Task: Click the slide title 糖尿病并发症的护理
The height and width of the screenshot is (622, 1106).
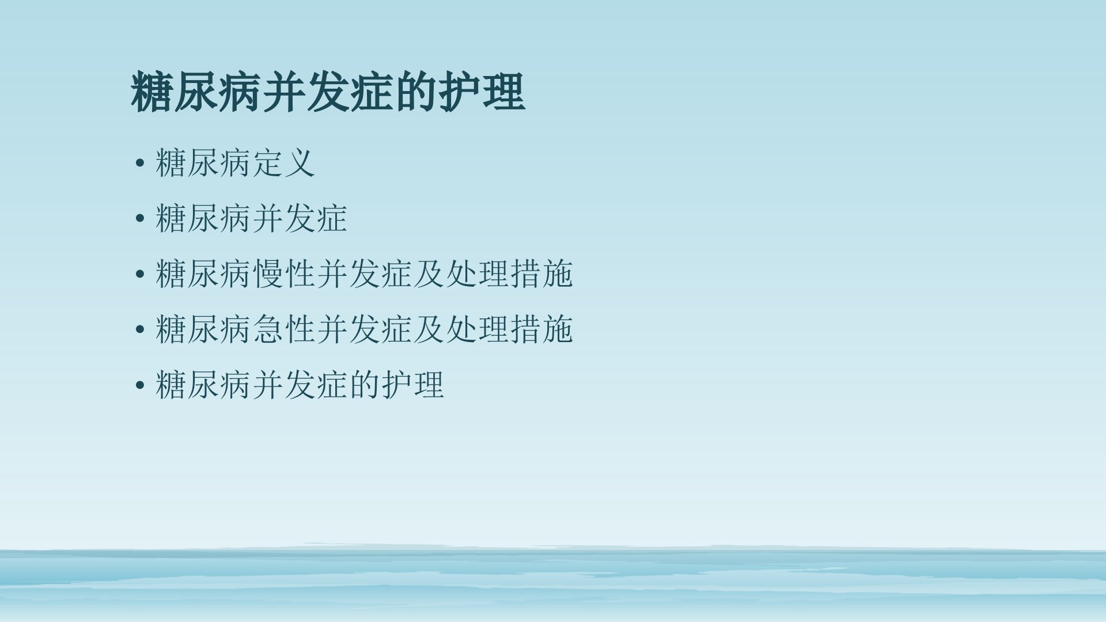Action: (x=328, y=92)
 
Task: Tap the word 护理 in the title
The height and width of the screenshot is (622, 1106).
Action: (x=482, y=92)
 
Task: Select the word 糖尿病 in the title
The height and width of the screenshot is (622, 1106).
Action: (x=196, y=92)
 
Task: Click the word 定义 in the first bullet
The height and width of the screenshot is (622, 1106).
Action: (x=283, y=162)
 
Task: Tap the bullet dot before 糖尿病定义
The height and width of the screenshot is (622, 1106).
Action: (x=139, y=164)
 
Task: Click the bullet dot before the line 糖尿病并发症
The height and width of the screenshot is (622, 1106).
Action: (x=139, y=219)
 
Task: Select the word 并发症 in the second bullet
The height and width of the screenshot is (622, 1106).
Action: (x=300, y=218)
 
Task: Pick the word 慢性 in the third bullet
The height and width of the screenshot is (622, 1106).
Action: (x=283, y=273)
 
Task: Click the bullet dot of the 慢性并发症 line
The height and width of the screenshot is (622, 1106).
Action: (x=139, y=274)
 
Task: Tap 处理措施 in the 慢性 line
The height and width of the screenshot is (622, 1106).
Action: (x=509, y=273)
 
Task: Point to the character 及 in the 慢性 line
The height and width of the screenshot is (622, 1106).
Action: (x=429, y=273)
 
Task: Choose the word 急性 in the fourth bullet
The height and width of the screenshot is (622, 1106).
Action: (x=283, y=329)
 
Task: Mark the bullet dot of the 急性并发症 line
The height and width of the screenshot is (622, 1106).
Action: (x=139, y=330)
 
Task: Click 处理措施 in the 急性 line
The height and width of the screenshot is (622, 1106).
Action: (x=509, y=329)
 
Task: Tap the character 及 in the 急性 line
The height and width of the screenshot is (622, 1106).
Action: (x=429, y=329)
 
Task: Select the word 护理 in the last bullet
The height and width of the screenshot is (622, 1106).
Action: (x=412, y=384)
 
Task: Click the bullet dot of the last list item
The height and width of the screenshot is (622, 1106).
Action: (x=139, y=385)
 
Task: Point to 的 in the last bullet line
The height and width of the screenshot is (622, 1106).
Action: (x=364, y=384)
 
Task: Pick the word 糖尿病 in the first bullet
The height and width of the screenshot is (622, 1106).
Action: (x=203, y=162)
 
